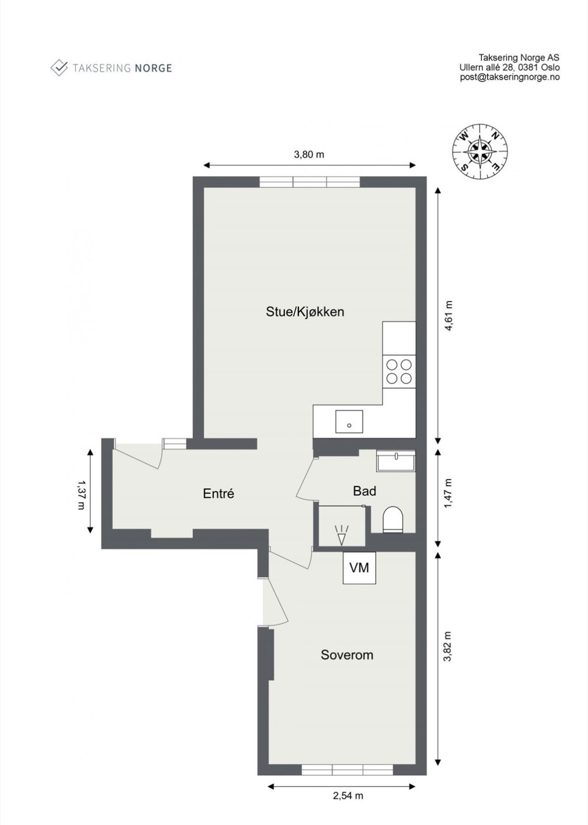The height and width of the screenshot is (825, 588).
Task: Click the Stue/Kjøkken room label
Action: pos(305,312)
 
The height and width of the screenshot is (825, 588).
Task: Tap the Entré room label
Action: pos(218,493)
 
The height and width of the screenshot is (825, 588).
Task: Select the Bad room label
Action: pos(364,491)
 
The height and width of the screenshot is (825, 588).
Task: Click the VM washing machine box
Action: pos(359,567)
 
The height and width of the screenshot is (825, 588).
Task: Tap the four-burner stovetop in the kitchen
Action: pos(399,371)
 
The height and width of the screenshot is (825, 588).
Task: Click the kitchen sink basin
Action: pos(349,421)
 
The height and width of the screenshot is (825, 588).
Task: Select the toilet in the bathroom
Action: pos(393,519)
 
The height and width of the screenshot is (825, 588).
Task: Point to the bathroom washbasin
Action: pos(396,460)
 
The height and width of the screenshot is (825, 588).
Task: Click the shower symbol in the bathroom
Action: pos(341,535)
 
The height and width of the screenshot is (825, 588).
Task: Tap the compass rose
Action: pos(480,152)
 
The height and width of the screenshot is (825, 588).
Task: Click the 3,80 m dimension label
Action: pos(309,154)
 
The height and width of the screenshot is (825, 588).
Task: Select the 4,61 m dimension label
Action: pos(448,316)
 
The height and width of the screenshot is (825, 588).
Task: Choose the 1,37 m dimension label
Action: pos(80,490)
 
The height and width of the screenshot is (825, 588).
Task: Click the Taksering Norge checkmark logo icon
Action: pos(59,68)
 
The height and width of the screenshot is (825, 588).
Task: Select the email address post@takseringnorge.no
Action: pos(510,77)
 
